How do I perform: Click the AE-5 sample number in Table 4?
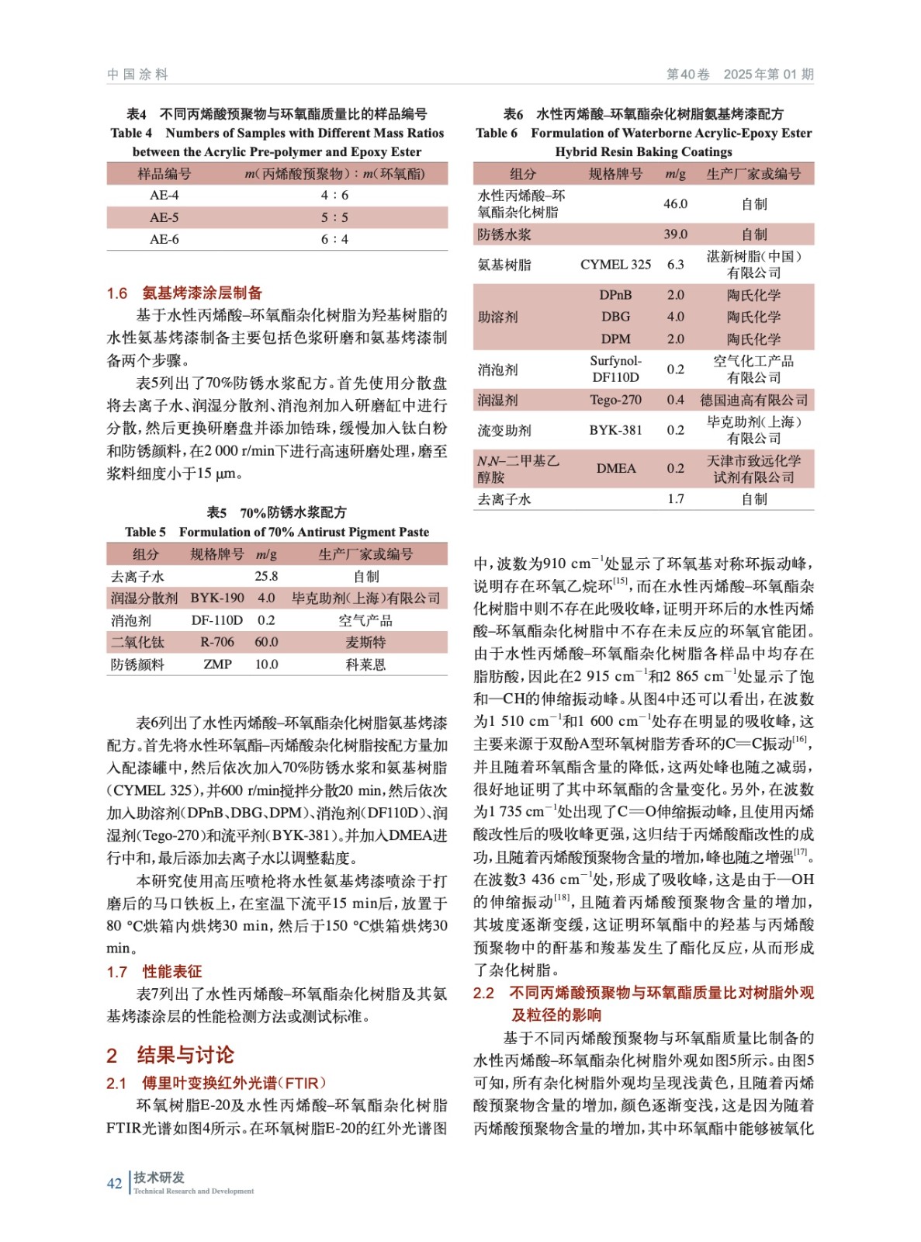point(164,217)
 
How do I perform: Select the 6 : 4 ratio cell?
point(334,239)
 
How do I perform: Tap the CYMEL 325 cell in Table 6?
point(615,264)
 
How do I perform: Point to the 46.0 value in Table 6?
point(675,203)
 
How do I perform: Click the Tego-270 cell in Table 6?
point(615,400)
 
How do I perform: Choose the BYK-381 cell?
point(615,430)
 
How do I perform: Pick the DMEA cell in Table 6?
point(615,468)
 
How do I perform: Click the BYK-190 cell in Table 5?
point(217,598)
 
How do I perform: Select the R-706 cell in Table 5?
point(217,642)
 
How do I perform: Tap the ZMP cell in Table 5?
point(217,664)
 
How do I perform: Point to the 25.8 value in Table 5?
point(266,576)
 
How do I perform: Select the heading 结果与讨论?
point(185,1055)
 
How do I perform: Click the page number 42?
point(114,1183)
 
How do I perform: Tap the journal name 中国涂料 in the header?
point(137,75)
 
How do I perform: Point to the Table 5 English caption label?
point(145,532)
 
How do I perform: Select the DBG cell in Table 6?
point(615,317)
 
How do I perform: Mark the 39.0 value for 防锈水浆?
point(675,234)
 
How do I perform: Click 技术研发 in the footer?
point(159,1178)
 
